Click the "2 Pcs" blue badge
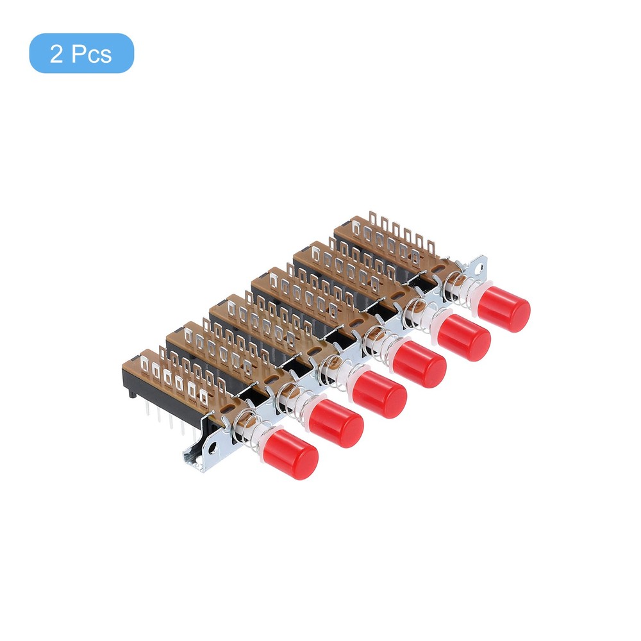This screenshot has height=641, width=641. [x=81, y=53]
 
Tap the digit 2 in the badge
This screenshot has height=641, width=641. [x=56, y=54]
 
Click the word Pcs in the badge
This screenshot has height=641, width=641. [x=91, y=54]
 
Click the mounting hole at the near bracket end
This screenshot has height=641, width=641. [x=212, y=449]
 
